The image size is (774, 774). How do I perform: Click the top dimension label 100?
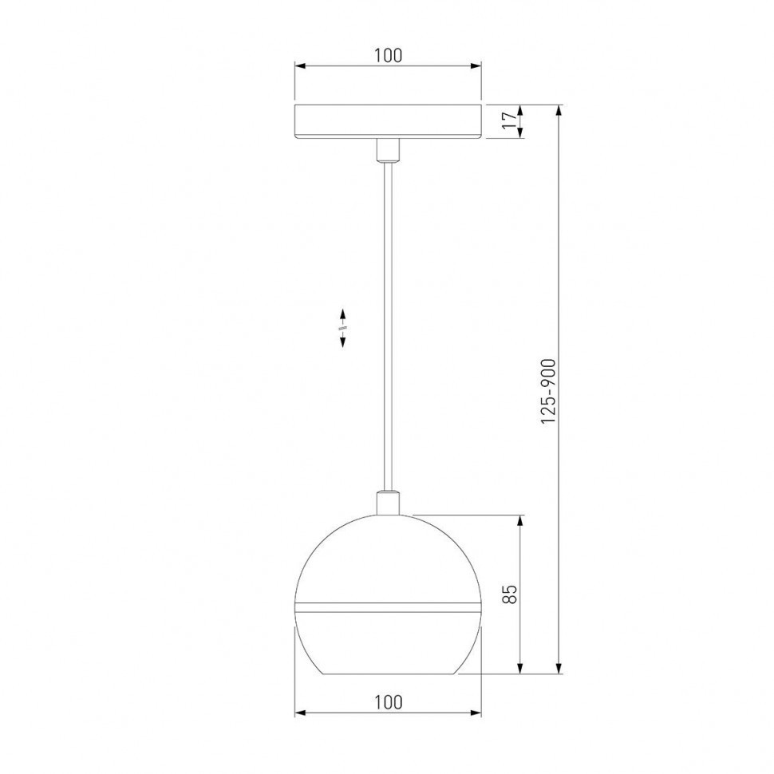388,55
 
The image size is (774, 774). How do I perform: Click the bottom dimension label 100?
388,702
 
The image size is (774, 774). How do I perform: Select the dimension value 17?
505,121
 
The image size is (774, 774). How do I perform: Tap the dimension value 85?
511,594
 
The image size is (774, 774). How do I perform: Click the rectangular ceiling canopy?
388,121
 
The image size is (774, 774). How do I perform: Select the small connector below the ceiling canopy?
388,150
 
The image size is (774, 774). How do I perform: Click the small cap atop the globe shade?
388,503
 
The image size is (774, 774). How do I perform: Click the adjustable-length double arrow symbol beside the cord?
342,327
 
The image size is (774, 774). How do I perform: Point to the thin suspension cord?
388,319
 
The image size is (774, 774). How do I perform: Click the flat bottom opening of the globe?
388,673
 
